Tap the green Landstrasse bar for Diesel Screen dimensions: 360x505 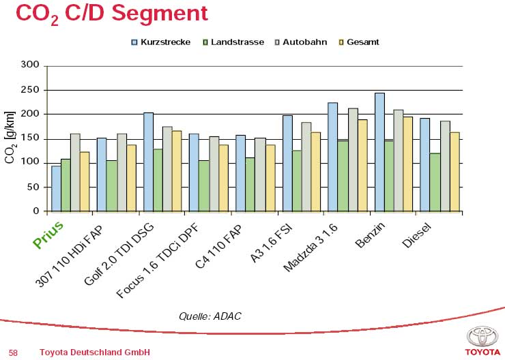[435, 182]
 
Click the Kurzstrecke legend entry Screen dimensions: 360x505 [161, 42]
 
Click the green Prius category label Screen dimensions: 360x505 [48, 232]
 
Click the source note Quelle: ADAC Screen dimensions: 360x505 [210, 316]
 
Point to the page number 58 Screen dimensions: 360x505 [13, 352]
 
